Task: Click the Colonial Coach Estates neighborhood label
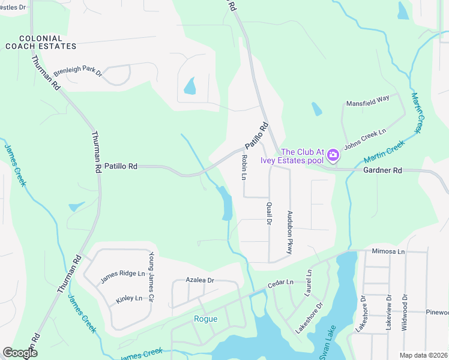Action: tap(41, 41)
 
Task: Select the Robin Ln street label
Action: tap(244, 167)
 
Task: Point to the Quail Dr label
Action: tap(269, 213)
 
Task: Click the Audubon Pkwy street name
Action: tap(290, 233)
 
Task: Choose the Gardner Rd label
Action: tap(382, 171)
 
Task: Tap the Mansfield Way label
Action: tap(367, 103)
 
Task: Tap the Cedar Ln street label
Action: tap(281, 282)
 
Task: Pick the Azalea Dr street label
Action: tap(200, 280)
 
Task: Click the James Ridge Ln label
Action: tap(123, 277)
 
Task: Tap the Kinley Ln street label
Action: tap(129, 298)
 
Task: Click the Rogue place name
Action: tap(205, 319)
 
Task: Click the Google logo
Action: tap(20, 353)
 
